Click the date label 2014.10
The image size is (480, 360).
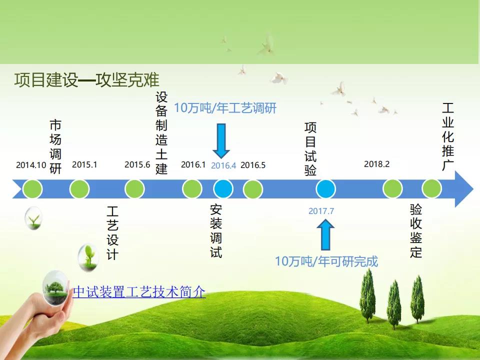click(31, 165)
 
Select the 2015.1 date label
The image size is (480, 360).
click(84, 164)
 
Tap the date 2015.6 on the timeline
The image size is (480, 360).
click(137, 164)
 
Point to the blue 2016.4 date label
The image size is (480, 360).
click(223, 165)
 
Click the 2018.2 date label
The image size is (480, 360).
click(377, 164)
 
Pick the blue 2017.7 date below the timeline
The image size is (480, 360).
click(321, 211)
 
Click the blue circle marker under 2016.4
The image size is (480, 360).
click(223, 189)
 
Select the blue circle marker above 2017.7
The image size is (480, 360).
click(325, 189)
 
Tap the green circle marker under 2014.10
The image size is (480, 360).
click(32, 189)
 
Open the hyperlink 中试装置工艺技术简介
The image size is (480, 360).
click(139, 291)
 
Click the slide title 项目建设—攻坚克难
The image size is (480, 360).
click(87, 80)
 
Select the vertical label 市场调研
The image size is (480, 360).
click(55, 146)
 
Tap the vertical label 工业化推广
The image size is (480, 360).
click(447, 136)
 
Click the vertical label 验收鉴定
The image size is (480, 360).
click(416, 231)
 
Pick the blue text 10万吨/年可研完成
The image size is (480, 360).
click(326, 261)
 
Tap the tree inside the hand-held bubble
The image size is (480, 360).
click(54, 288)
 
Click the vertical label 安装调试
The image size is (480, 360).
click(216, 231)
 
